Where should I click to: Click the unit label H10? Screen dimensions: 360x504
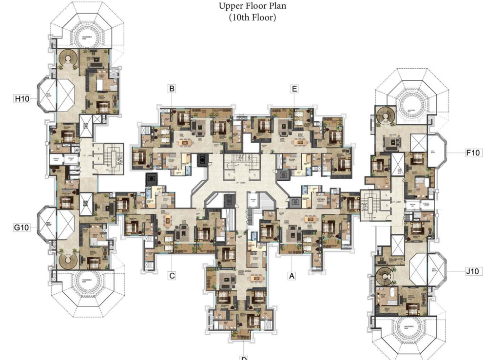tap(22, 99)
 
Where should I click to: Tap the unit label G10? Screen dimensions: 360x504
tap(22, 227)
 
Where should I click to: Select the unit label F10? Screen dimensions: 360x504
tap(473, 153)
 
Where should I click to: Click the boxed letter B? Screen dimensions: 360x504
tap(172, 89)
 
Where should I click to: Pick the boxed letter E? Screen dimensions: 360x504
tap(294, 89)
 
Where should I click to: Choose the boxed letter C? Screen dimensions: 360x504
tap(172, 276)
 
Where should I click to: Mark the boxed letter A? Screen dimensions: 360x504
tap(292, 276)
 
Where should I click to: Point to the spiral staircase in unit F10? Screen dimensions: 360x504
tap(384, 116)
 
